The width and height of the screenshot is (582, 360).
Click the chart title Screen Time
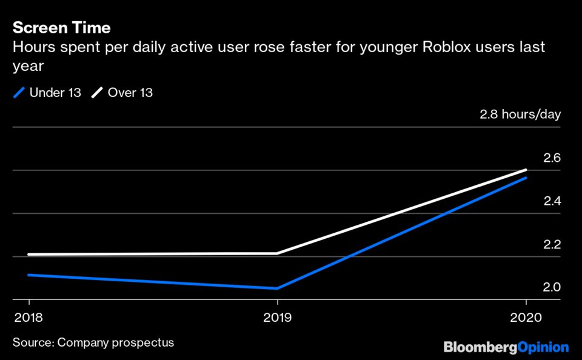tap(62, 27)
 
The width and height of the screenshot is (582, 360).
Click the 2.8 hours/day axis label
tap(520, 115)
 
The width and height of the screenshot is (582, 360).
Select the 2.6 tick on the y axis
tap(552, 158)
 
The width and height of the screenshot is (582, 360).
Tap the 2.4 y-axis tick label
tap(552, 201)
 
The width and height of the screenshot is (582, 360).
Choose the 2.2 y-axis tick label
tap(552, 245)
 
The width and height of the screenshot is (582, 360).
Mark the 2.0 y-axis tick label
tap(552, 287)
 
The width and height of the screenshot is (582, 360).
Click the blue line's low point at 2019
tap(278, 288)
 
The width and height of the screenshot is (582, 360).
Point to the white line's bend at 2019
tap(278, 253)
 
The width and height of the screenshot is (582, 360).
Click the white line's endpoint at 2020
tap(526, 170)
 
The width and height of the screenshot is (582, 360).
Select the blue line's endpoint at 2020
tap(526, 178)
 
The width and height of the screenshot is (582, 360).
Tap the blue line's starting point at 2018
tap(29, 275)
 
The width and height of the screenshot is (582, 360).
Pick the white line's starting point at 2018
tap(29, 255)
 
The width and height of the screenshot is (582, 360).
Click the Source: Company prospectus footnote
tap(93, 342)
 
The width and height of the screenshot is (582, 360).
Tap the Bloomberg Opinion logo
tap(506, 347)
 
